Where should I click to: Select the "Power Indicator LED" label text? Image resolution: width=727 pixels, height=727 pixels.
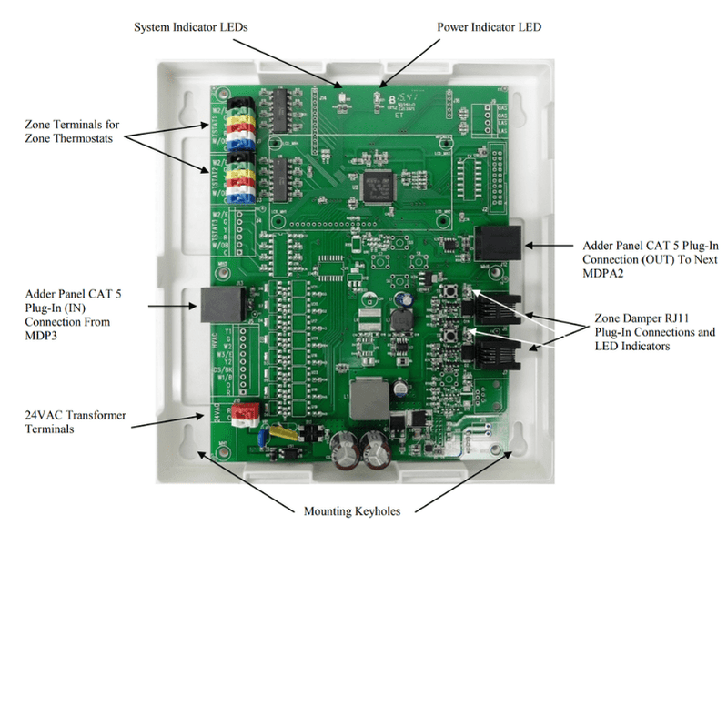pos(490,27)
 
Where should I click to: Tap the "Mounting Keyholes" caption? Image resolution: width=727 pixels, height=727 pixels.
pos(352,511)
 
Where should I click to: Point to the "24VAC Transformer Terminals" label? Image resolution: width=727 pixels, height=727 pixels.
pos(75,422)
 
